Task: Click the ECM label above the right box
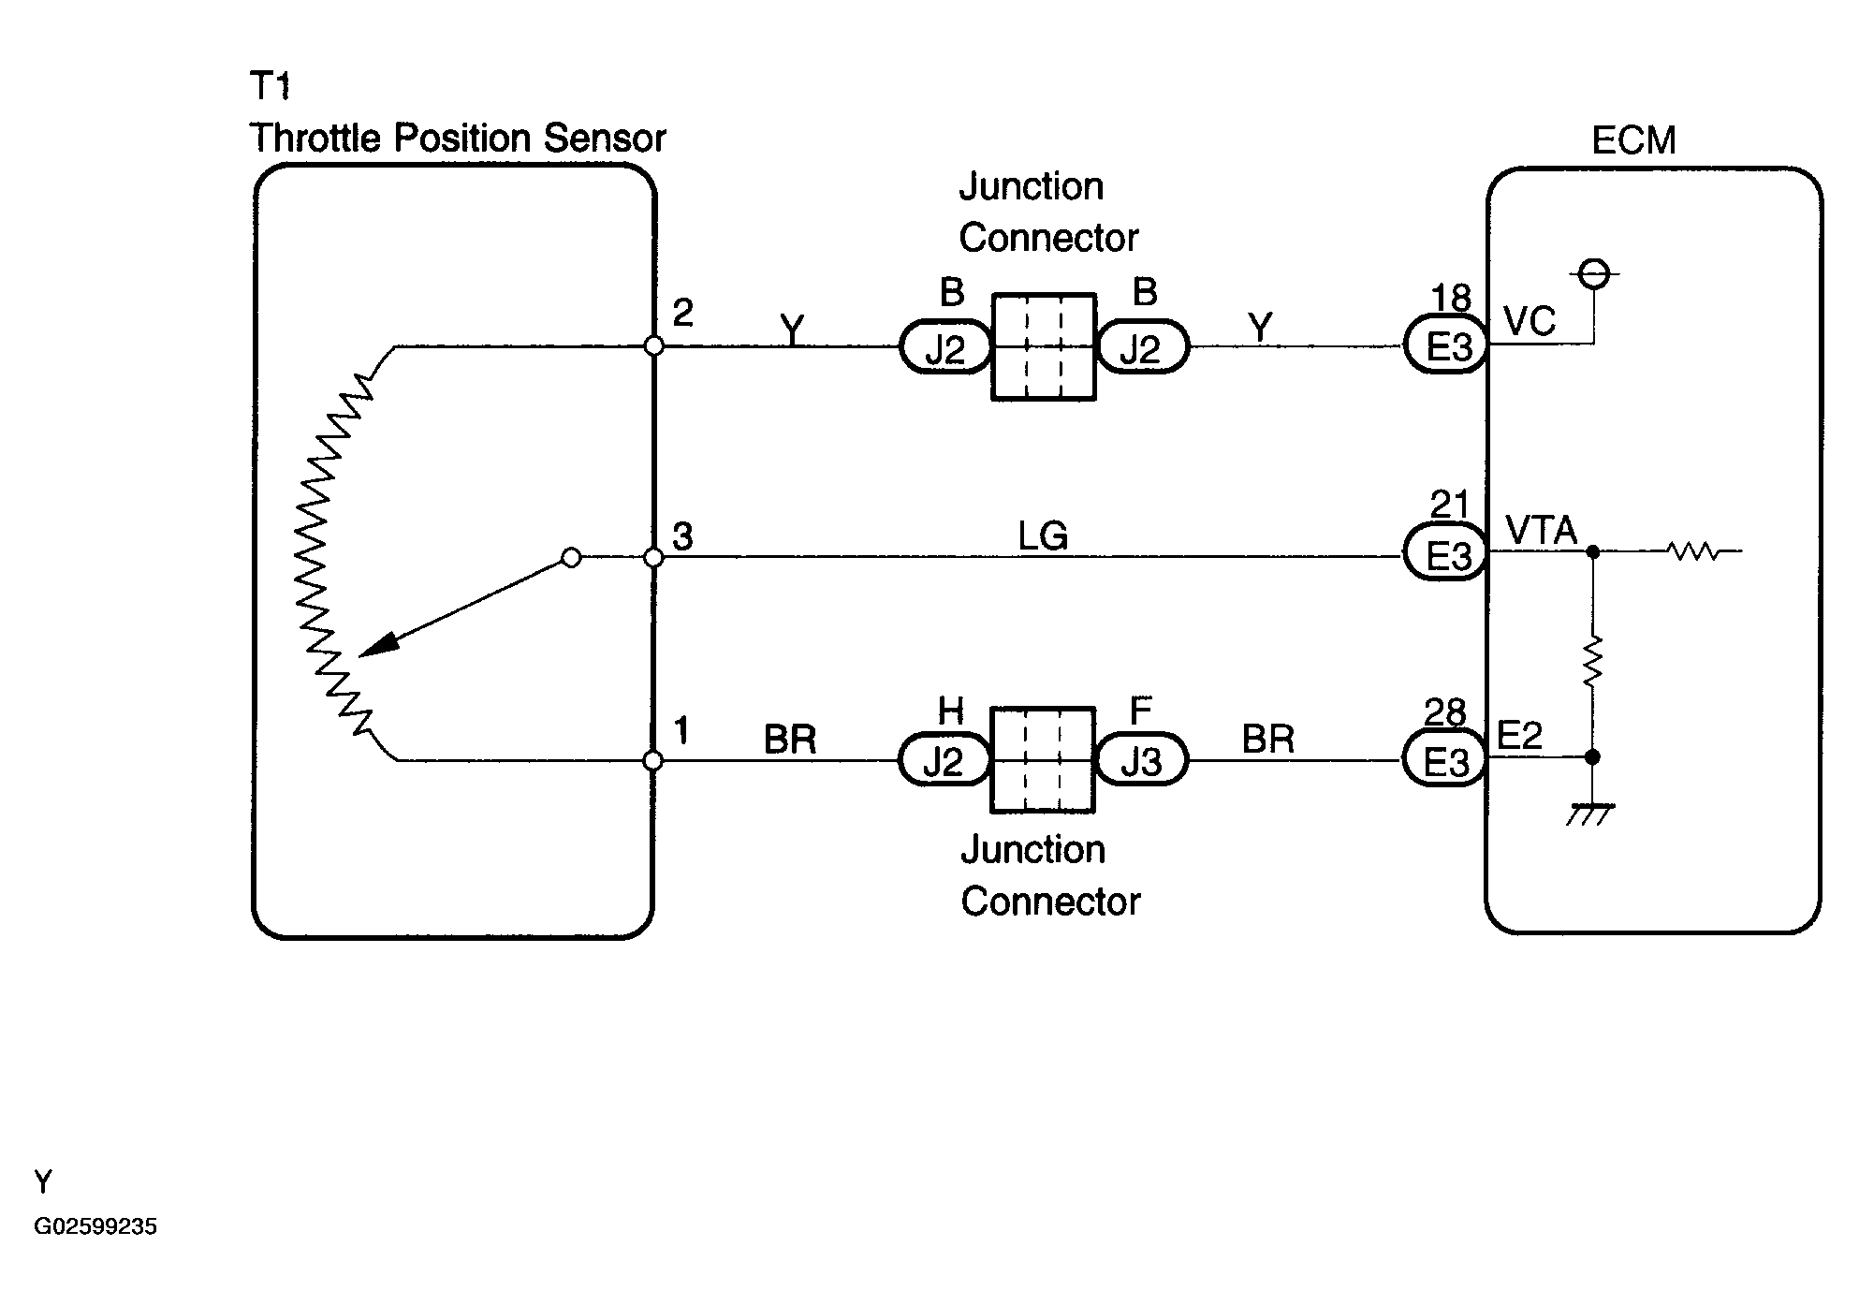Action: [x=1633, y=141]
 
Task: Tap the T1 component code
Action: [x=271, y=86]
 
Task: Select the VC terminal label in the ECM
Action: [x=1530, y=321]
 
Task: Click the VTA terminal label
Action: [x=1542, y=531]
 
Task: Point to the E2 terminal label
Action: [x=1519, y=736]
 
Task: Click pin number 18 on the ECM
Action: [x=1451, y=299]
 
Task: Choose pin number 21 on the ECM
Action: [x=1450, y=506]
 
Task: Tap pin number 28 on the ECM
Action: [x=1445, y=712]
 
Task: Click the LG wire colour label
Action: [x=1043, y=536]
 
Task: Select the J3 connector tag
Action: [x=1141, y=761]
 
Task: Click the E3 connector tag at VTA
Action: [x=1446, y=556]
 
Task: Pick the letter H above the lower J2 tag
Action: [x=950, y=711]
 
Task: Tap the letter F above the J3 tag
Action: [x=1140, y=711]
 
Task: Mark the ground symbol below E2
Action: [x=1591, y=814]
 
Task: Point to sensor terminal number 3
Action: [x=682, y=536]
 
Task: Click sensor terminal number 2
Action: [x=682, y=313]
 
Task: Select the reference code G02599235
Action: [x=95, y=1226]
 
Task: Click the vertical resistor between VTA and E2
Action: [x=1592, y=661]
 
